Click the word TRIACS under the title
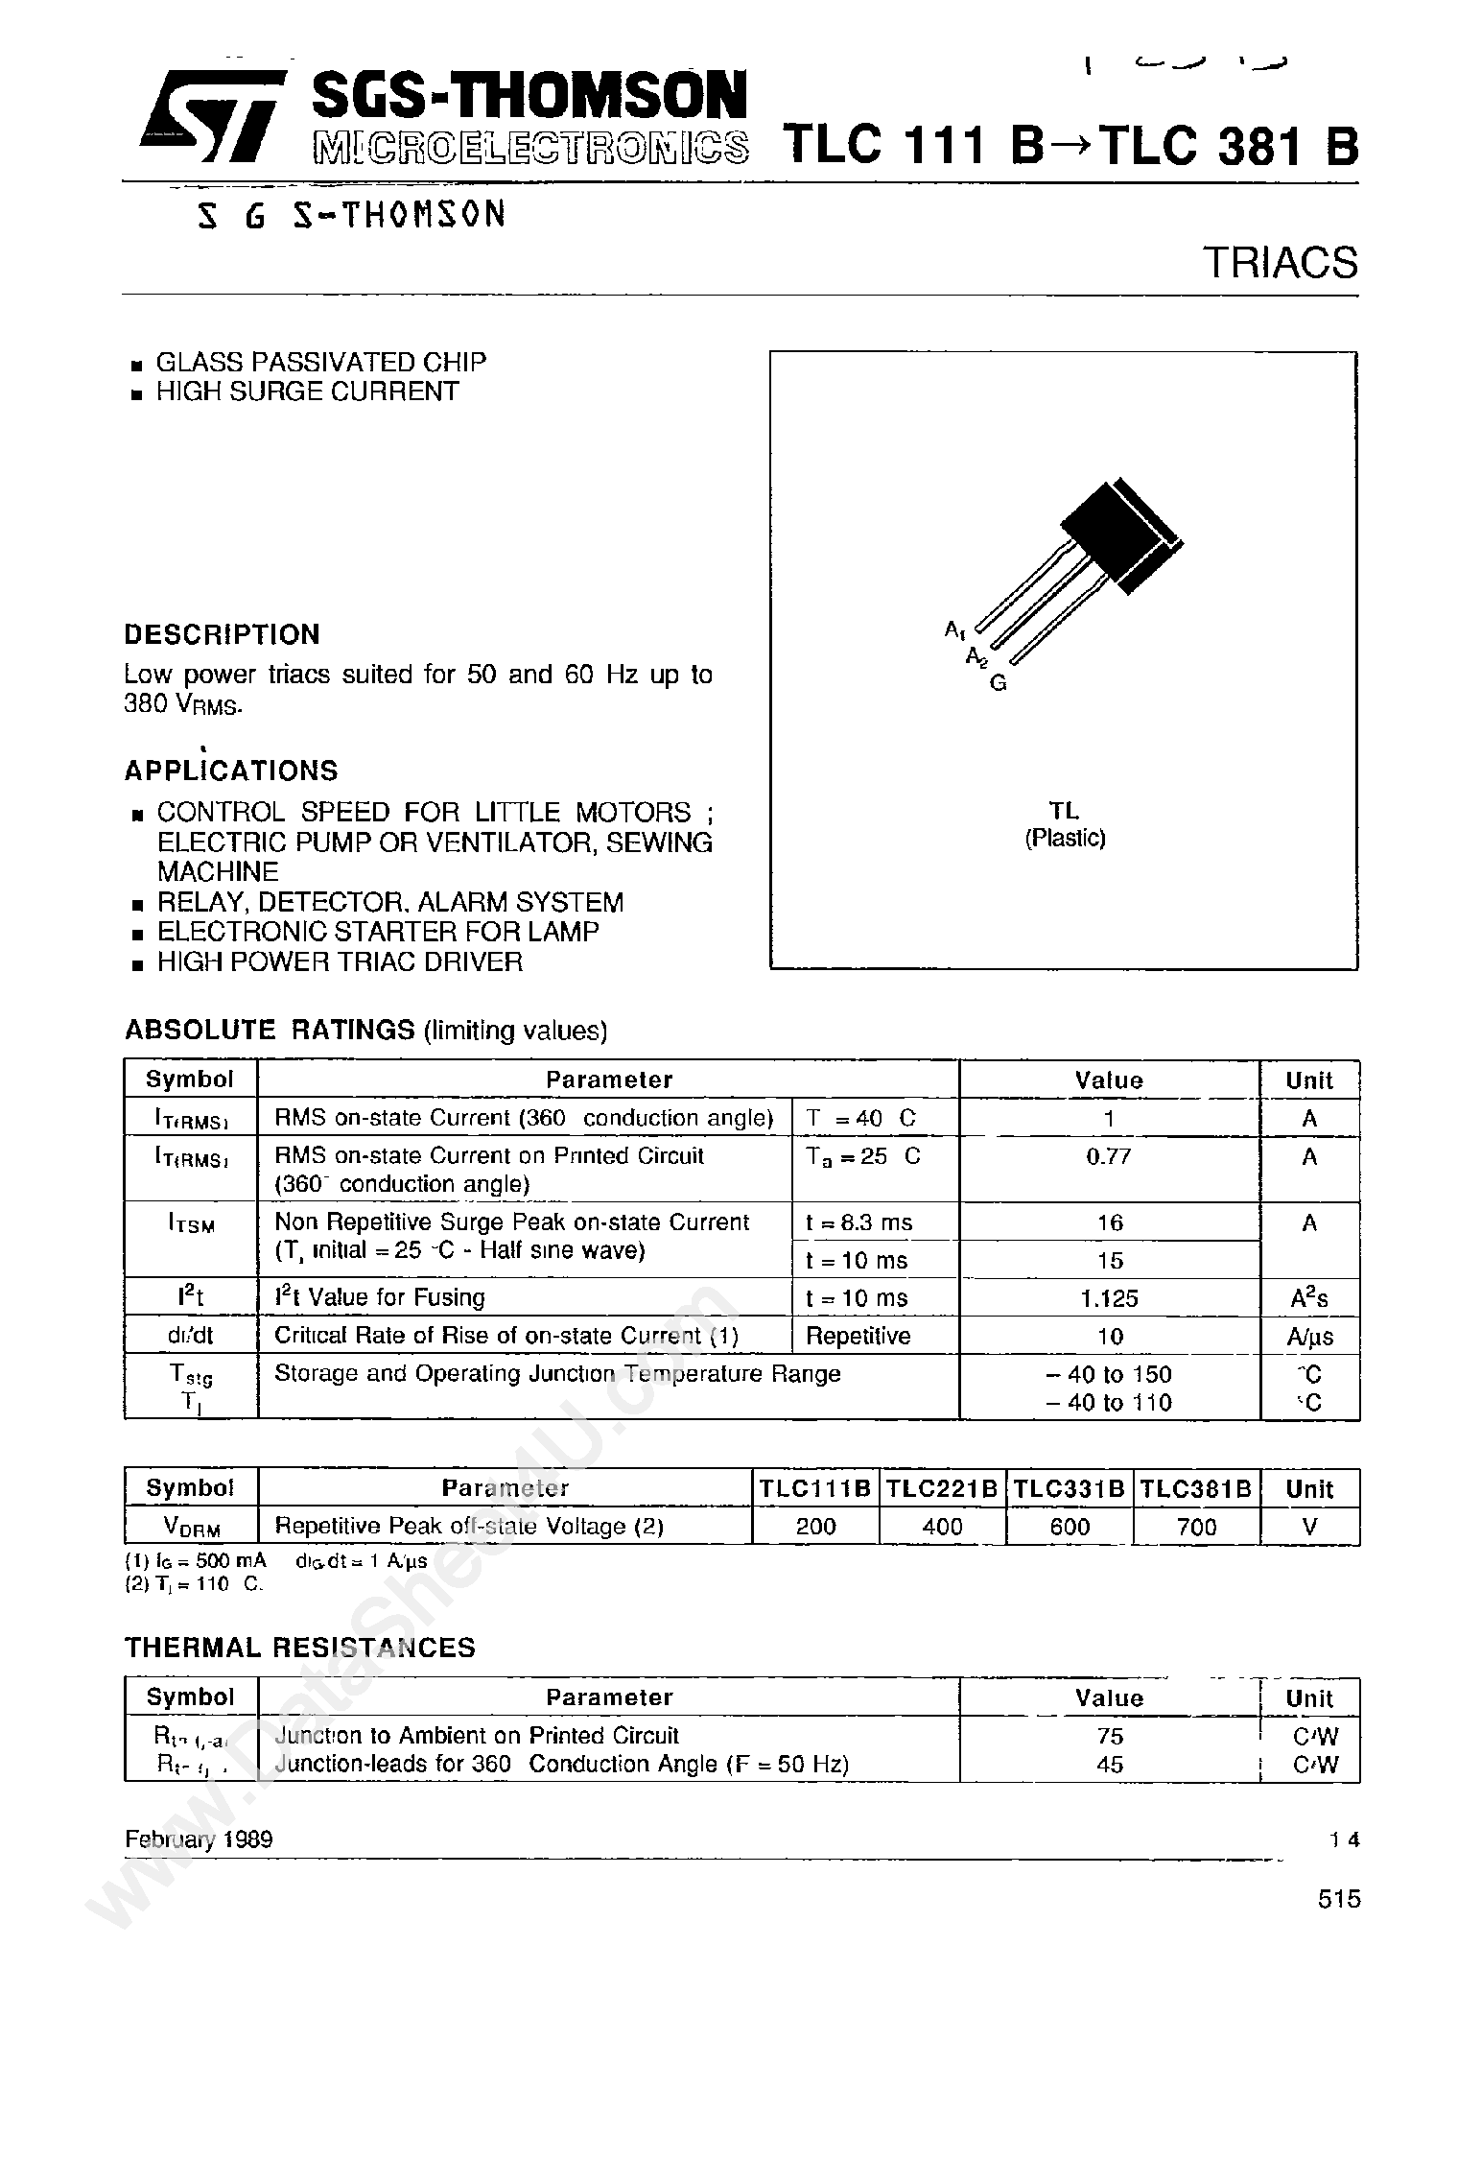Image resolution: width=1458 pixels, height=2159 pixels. point(1280,263)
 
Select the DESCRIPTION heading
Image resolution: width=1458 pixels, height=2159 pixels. point(222,634)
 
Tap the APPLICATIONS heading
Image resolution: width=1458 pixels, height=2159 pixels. point(231,771)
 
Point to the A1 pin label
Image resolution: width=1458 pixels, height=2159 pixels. point(955,629)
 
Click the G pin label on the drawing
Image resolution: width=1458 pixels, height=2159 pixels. point(998,684)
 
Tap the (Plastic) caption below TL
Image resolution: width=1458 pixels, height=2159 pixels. point(1065,838)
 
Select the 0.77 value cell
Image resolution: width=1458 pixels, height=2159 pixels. point(1109,1156)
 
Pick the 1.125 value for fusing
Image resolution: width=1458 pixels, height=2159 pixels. point(1109,1298)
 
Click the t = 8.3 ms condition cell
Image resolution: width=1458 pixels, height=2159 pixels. point(859,1222)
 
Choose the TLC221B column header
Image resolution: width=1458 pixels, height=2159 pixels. point(942,1488)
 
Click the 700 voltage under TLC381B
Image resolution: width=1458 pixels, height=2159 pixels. point(1196,1527)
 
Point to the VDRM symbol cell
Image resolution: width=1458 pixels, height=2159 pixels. point(191,1528)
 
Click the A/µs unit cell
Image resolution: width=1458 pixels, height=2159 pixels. point(1309,1337)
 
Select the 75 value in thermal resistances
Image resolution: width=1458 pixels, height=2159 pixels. point(1109,1736)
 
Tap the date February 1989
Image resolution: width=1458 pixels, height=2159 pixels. point(199,1839)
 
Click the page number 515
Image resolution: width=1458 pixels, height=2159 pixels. point(1339,1899)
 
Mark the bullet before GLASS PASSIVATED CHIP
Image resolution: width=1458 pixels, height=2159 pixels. point(137,365)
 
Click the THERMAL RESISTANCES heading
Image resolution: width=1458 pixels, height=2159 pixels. point(299,1648)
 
